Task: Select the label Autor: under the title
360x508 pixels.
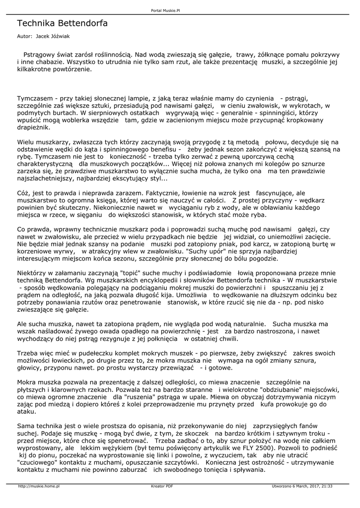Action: coord(25,36)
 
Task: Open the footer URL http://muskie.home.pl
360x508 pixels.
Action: coord(39,486)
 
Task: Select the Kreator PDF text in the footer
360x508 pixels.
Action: coord(162,486)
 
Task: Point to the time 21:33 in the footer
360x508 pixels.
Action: coord(326,486)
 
